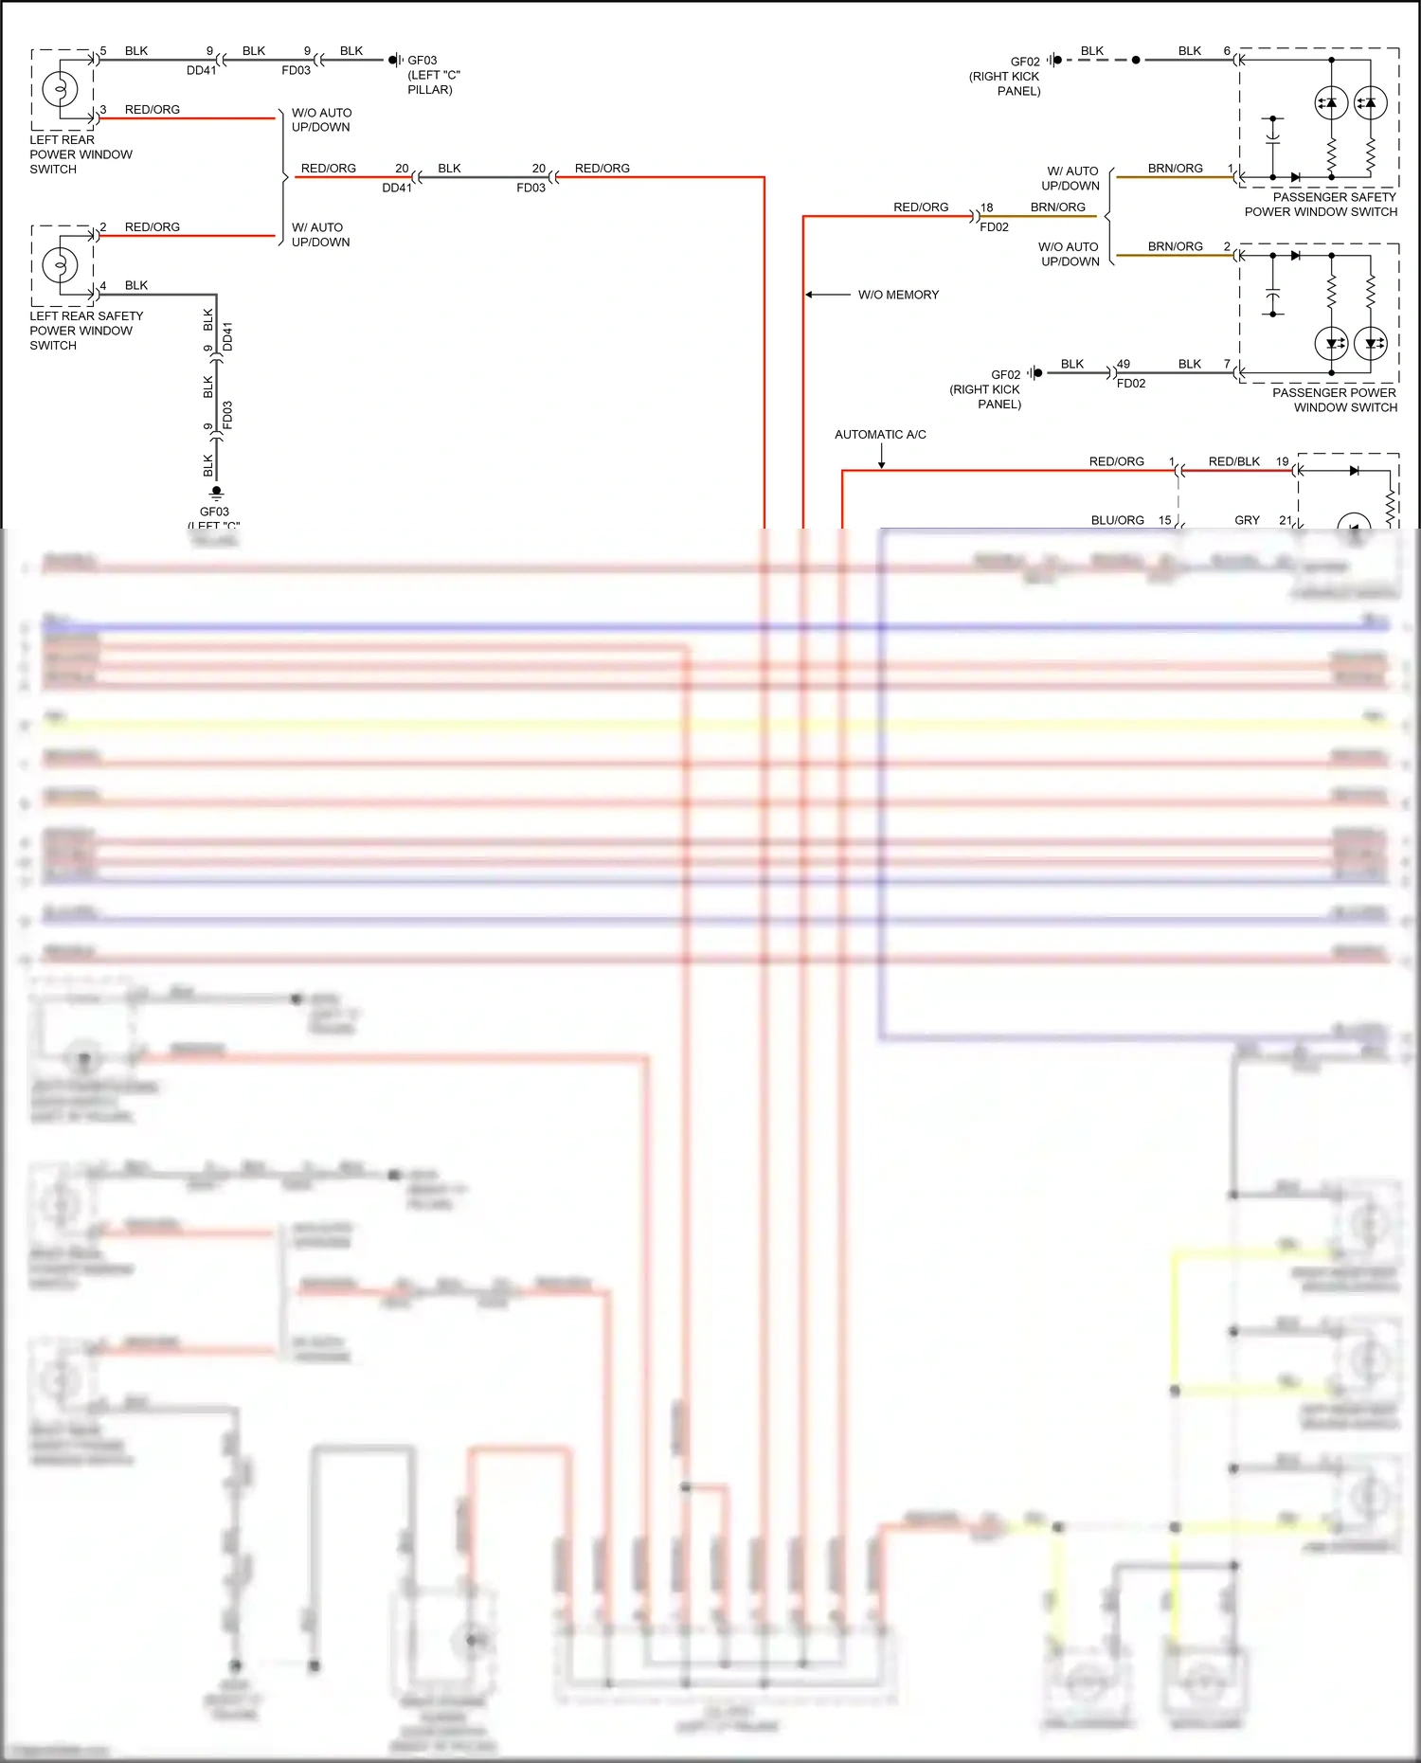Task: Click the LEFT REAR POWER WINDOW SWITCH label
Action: [x=81, y=154]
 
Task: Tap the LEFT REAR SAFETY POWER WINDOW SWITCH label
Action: [x=85, y=331]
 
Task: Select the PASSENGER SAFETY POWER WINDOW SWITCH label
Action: [x=1322, y=205]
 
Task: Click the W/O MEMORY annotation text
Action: [x=898, y=295]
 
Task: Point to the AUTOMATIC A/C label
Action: [x=880, y=435]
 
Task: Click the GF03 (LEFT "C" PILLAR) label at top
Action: [x=432, y=75]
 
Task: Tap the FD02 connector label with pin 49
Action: [x=1130, y=384]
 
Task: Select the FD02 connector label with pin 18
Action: [x=994, y=227]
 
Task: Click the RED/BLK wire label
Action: [x=1233, y=461]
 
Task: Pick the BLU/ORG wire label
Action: [x=1117, y=520]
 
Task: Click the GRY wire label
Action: [x=1247, y=520]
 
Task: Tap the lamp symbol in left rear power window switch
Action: [x=60, y=89]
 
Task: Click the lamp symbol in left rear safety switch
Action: [x=60, y=264]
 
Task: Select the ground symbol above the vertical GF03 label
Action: [x=216, y=493]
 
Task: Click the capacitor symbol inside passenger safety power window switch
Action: [x=1272, y=137]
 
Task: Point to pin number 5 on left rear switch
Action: [x=103, y=51]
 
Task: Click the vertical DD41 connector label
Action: [x=227, y=336]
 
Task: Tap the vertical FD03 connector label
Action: [x=227, y=415]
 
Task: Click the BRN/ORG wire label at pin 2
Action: [x=1175, y=246]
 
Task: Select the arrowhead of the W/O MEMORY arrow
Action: [x=809, y=295]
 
